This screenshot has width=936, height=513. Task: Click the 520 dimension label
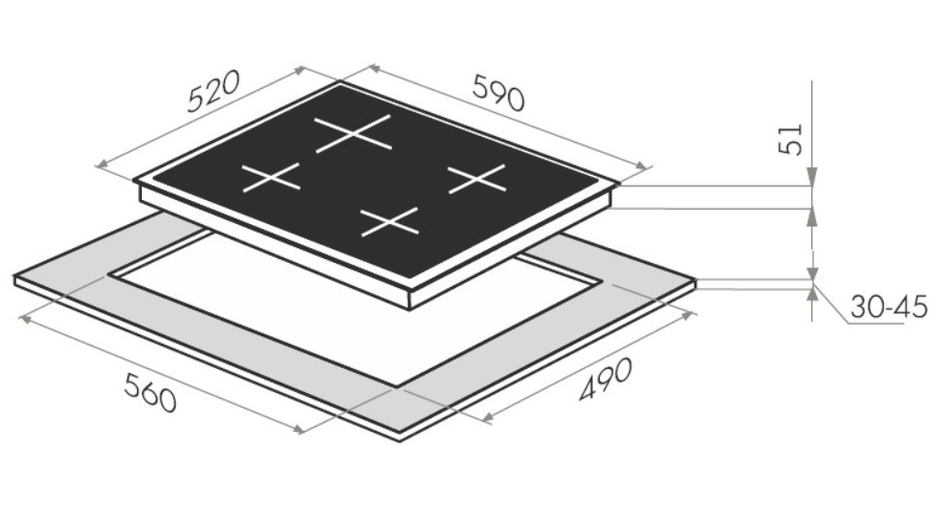coord(213,91)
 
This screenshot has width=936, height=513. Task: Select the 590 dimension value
coord(498,93)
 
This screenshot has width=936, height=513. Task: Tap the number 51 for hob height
coord(792,139)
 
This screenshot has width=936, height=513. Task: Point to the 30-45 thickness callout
coord(889,307)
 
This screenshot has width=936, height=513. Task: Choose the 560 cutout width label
coord(151,392)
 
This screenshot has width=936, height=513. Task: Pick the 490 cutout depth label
coord(605,380)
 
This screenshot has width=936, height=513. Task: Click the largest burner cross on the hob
coord(354,133)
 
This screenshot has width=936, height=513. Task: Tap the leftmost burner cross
coord(270,178)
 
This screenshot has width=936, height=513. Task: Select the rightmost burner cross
coord(477,179)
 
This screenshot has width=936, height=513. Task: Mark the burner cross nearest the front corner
coord(390,221)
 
